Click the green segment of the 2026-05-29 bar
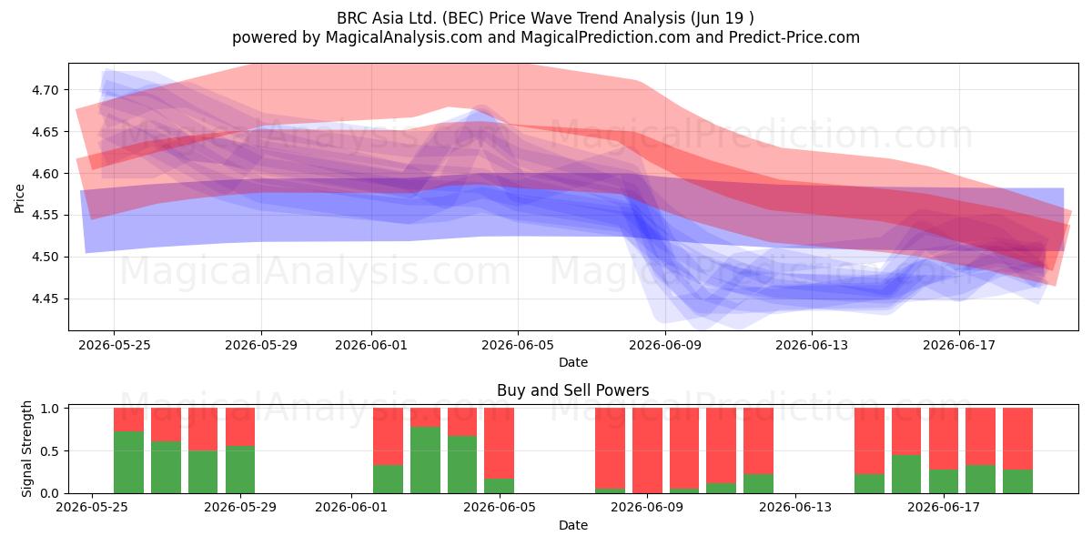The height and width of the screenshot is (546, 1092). (x=240, y=470)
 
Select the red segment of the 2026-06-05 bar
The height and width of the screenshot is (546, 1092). (x=500, y=443)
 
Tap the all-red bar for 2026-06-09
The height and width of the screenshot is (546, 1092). (x=647, y=450)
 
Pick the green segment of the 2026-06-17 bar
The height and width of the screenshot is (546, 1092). (x=944, y=481)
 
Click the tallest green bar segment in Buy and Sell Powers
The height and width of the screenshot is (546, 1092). (x=425, y=460)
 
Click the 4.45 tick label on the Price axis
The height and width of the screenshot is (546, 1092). (x=45, y=298)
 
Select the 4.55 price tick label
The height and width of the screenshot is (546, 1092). (x=45, y=216)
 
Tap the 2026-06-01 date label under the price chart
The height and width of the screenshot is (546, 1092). (x=371, y=345)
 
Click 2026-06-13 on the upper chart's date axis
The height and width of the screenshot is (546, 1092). (x=812, y=345)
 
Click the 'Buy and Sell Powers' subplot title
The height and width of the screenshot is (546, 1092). (x=572, y=390)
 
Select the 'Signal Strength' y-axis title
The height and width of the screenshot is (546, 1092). (x=26, y=449)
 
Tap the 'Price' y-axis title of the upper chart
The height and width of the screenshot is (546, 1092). (x=19, y=198)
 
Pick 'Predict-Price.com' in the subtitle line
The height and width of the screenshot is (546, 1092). (x=794, y=37)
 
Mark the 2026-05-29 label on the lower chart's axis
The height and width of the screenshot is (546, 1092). (x=240, y=507)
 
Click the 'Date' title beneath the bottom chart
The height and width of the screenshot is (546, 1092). (x=572, y=525)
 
